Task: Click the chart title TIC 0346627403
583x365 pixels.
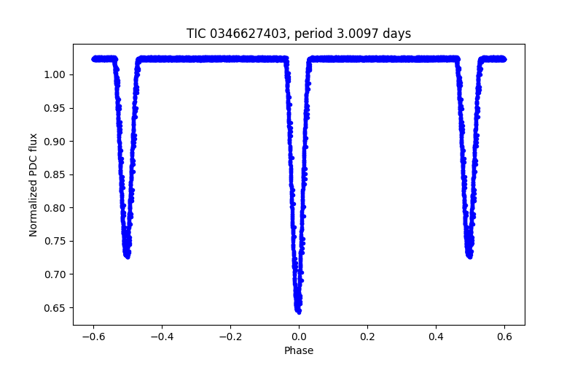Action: (299, 34)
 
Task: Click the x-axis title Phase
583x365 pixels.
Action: (299, 350)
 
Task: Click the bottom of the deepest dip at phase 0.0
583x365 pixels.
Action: (298, 312)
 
